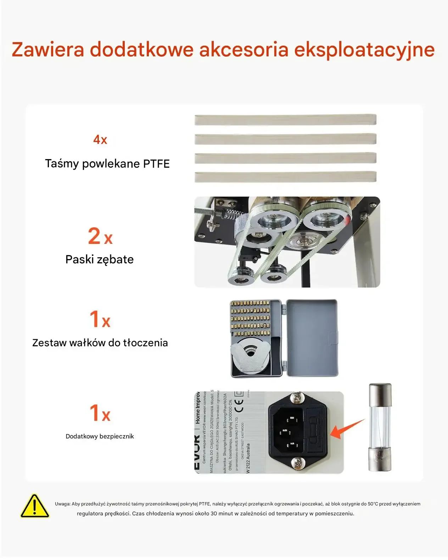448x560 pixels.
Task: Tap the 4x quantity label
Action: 100,140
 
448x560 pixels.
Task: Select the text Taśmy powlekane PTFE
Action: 107,164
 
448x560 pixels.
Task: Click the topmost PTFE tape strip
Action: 285,120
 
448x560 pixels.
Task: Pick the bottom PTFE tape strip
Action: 285,177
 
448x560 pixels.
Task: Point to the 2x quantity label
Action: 100,236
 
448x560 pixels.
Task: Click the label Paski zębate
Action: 100,259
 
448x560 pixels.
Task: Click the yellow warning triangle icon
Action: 34,506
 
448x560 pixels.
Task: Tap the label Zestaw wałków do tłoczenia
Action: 100,343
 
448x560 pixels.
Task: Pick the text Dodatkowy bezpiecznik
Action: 100,436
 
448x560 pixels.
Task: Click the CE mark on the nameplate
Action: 240,406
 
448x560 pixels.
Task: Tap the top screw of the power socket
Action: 297,398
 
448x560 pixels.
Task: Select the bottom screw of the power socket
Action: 297,463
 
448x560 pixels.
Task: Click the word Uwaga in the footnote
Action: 62,504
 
